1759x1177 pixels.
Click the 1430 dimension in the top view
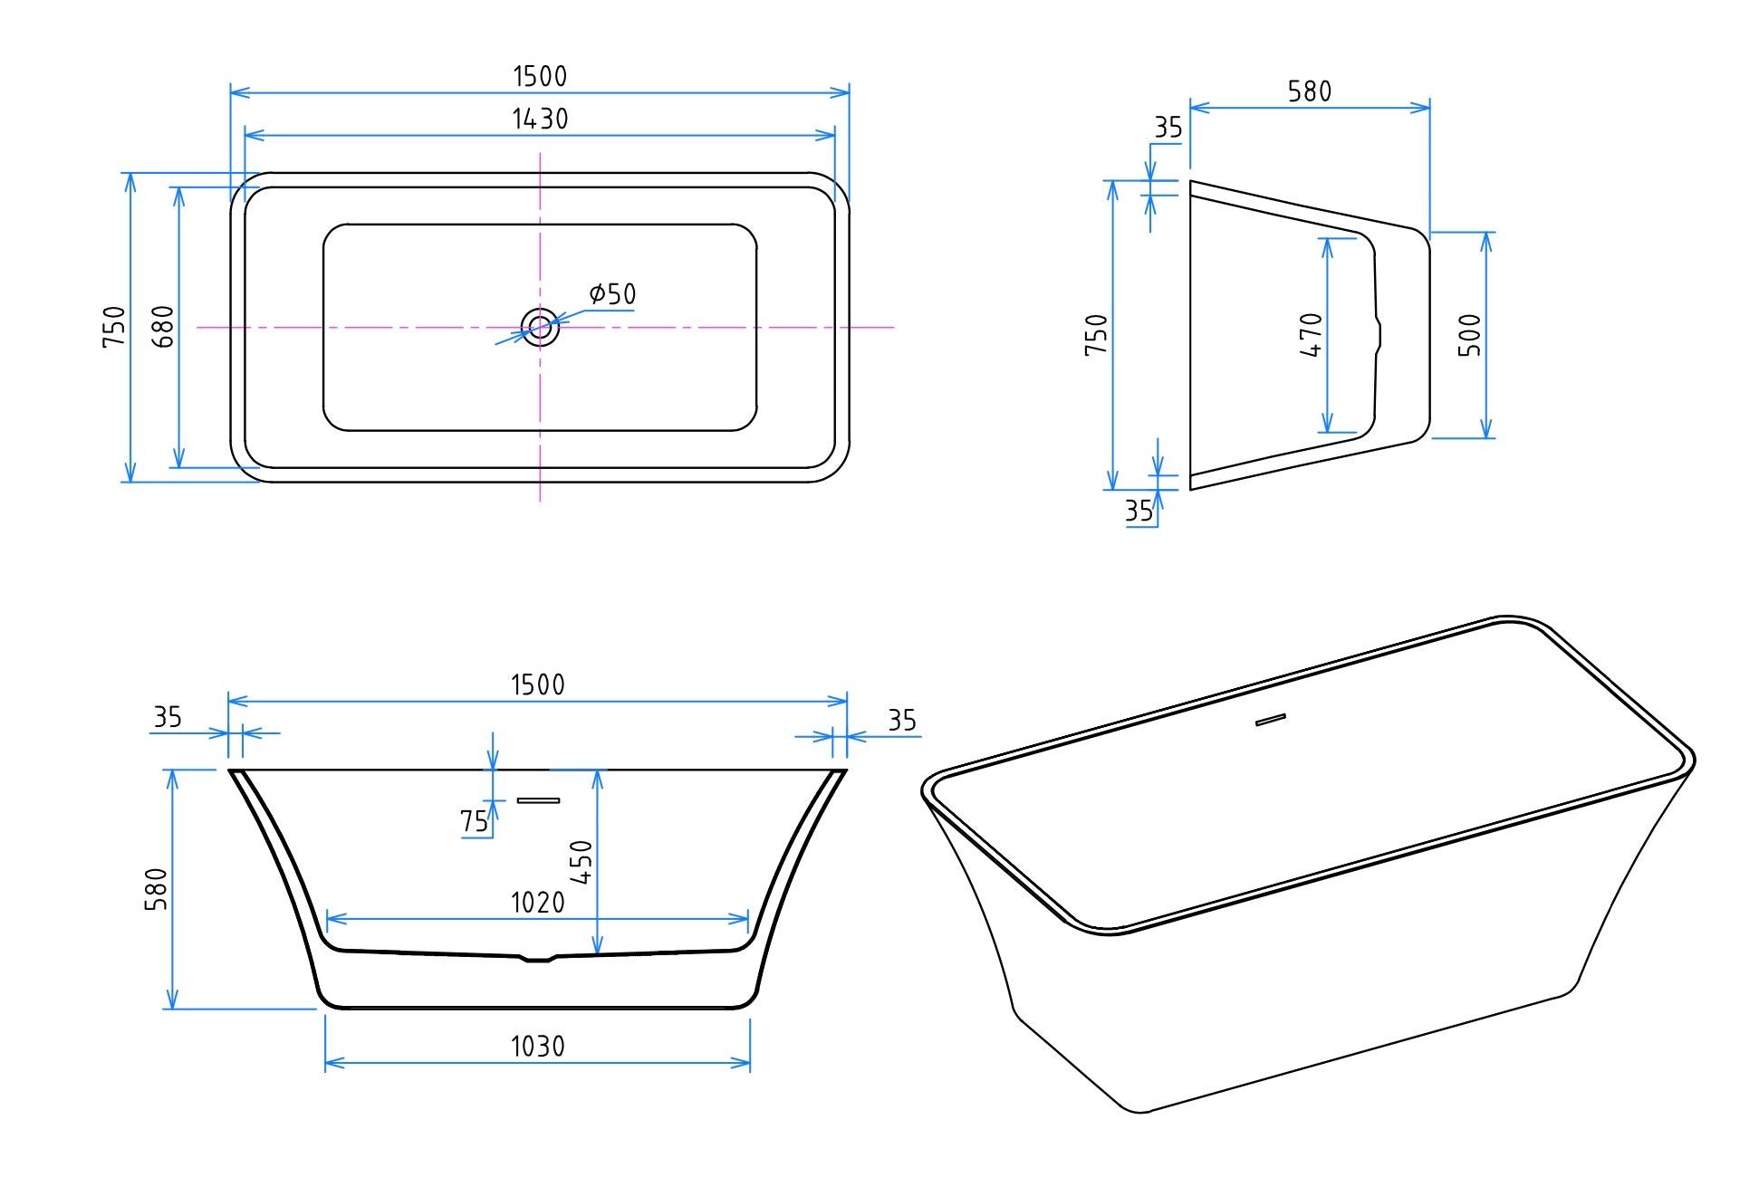[540, 119]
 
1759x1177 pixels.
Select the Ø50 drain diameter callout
[613, 294]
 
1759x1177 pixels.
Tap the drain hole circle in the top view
[540, 327]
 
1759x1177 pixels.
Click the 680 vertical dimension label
[163, 326]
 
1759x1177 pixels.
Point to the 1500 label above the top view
[540, 76]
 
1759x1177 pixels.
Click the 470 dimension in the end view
[1312, 335]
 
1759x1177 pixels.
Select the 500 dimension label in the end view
[1470, 335]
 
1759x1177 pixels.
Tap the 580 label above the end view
[1310, 91]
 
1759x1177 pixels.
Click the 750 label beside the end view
[1096, 335]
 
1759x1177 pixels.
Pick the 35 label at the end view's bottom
[1139, 512]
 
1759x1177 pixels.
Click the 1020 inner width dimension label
[537, 903]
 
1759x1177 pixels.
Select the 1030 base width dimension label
[537, 1047]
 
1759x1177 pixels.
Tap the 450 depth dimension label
[581, 862]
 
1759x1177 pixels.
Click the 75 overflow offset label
[474, 821]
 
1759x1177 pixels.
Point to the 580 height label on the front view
[157, 889]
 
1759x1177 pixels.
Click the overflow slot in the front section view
[538, 800]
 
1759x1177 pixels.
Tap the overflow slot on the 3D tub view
[1271, 721]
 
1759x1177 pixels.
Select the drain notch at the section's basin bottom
[538, 957]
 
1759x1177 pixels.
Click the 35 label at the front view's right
[902, 721]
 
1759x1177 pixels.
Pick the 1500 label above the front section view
[537, 684]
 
